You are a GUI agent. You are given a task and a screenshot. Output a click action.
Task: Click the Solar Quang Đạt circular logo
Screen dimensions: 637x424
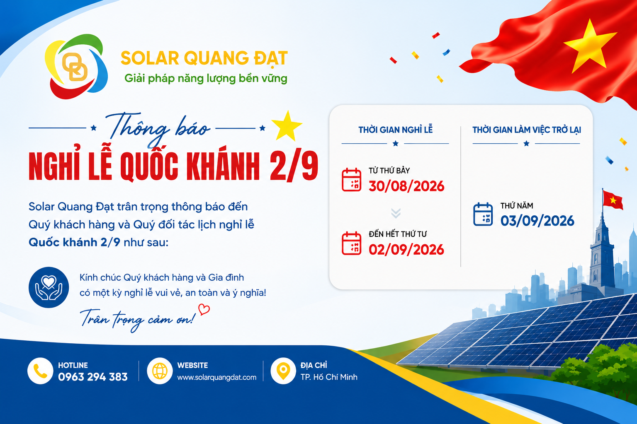pyautogui.click(x=76, y=66)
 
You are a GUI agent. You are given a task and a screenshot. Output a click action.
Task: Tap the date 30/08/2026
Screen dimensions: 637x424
pyautogui.click(x=406, y=186)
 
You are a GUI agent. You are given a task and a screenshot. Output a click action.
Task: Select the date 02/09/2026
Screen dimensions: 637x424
pyautogui.click(x=406, y=250)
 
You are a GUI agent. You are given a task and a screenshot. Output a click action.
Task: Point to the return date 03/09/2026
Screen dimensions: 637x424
pyautogui.click(x=537, y=221)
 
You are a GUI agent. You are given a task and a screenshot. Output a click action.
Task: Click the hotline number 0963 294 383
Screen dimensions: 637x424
pyautogui.click(x=93, y=377)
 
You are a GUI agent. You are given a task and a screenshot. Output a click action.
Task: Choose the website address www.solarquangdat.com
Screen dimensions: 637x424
pyautogui.click(x=217, y=377)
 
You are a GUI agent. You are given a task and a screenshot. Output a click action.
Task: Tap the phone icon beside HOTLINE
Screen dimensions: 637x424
pyautogui.click(x=40, y=371)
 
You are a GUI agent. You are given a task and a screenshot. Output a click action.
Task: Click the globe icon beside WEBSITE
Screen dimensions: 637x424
pyautogui.click(x=160, y=371)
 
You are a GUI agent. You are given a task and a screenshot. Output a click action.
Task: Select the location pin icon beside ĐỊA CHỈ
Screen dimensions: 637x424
pyautogui.click(x=283, y=371)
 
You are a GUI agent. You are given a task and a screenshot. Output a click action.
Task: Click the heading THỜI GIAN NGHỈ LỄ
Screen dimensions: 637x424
pyautogui.click(x=395, y=130)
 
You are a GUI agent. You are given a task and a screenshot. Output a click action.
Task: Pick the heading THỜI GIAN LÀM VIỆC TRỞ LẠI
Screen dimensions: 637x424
pyautogui.click(x=527, y=130)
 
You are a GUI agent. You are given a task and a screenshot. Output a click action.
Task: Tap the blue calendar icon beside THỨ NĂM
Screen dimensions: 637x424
pyautogui.click(x=483, y=214)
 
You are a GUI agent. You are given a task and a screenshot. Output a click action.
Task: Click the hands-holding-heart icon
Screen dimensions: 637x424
pyautogui.click(x=49, y=287)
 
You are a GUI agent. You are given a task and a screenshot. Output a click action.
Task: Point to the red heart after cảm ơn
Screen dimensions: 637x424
pyautogui.click(x=204, y=309)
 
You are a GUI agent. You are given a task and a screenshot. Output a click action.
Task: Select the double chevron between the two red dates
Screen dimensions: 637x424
pyautogui.click(x=396, y=213)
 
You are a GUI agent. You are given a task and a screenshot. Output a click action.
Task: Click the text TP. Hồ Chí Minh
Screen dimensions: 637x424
pyautogui.click(x=329, y=377)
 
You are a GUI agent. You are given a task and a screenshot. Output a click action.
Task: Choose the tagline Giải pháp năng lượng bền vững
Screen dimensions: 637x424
pyautogui.click(x=206, y=79)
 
